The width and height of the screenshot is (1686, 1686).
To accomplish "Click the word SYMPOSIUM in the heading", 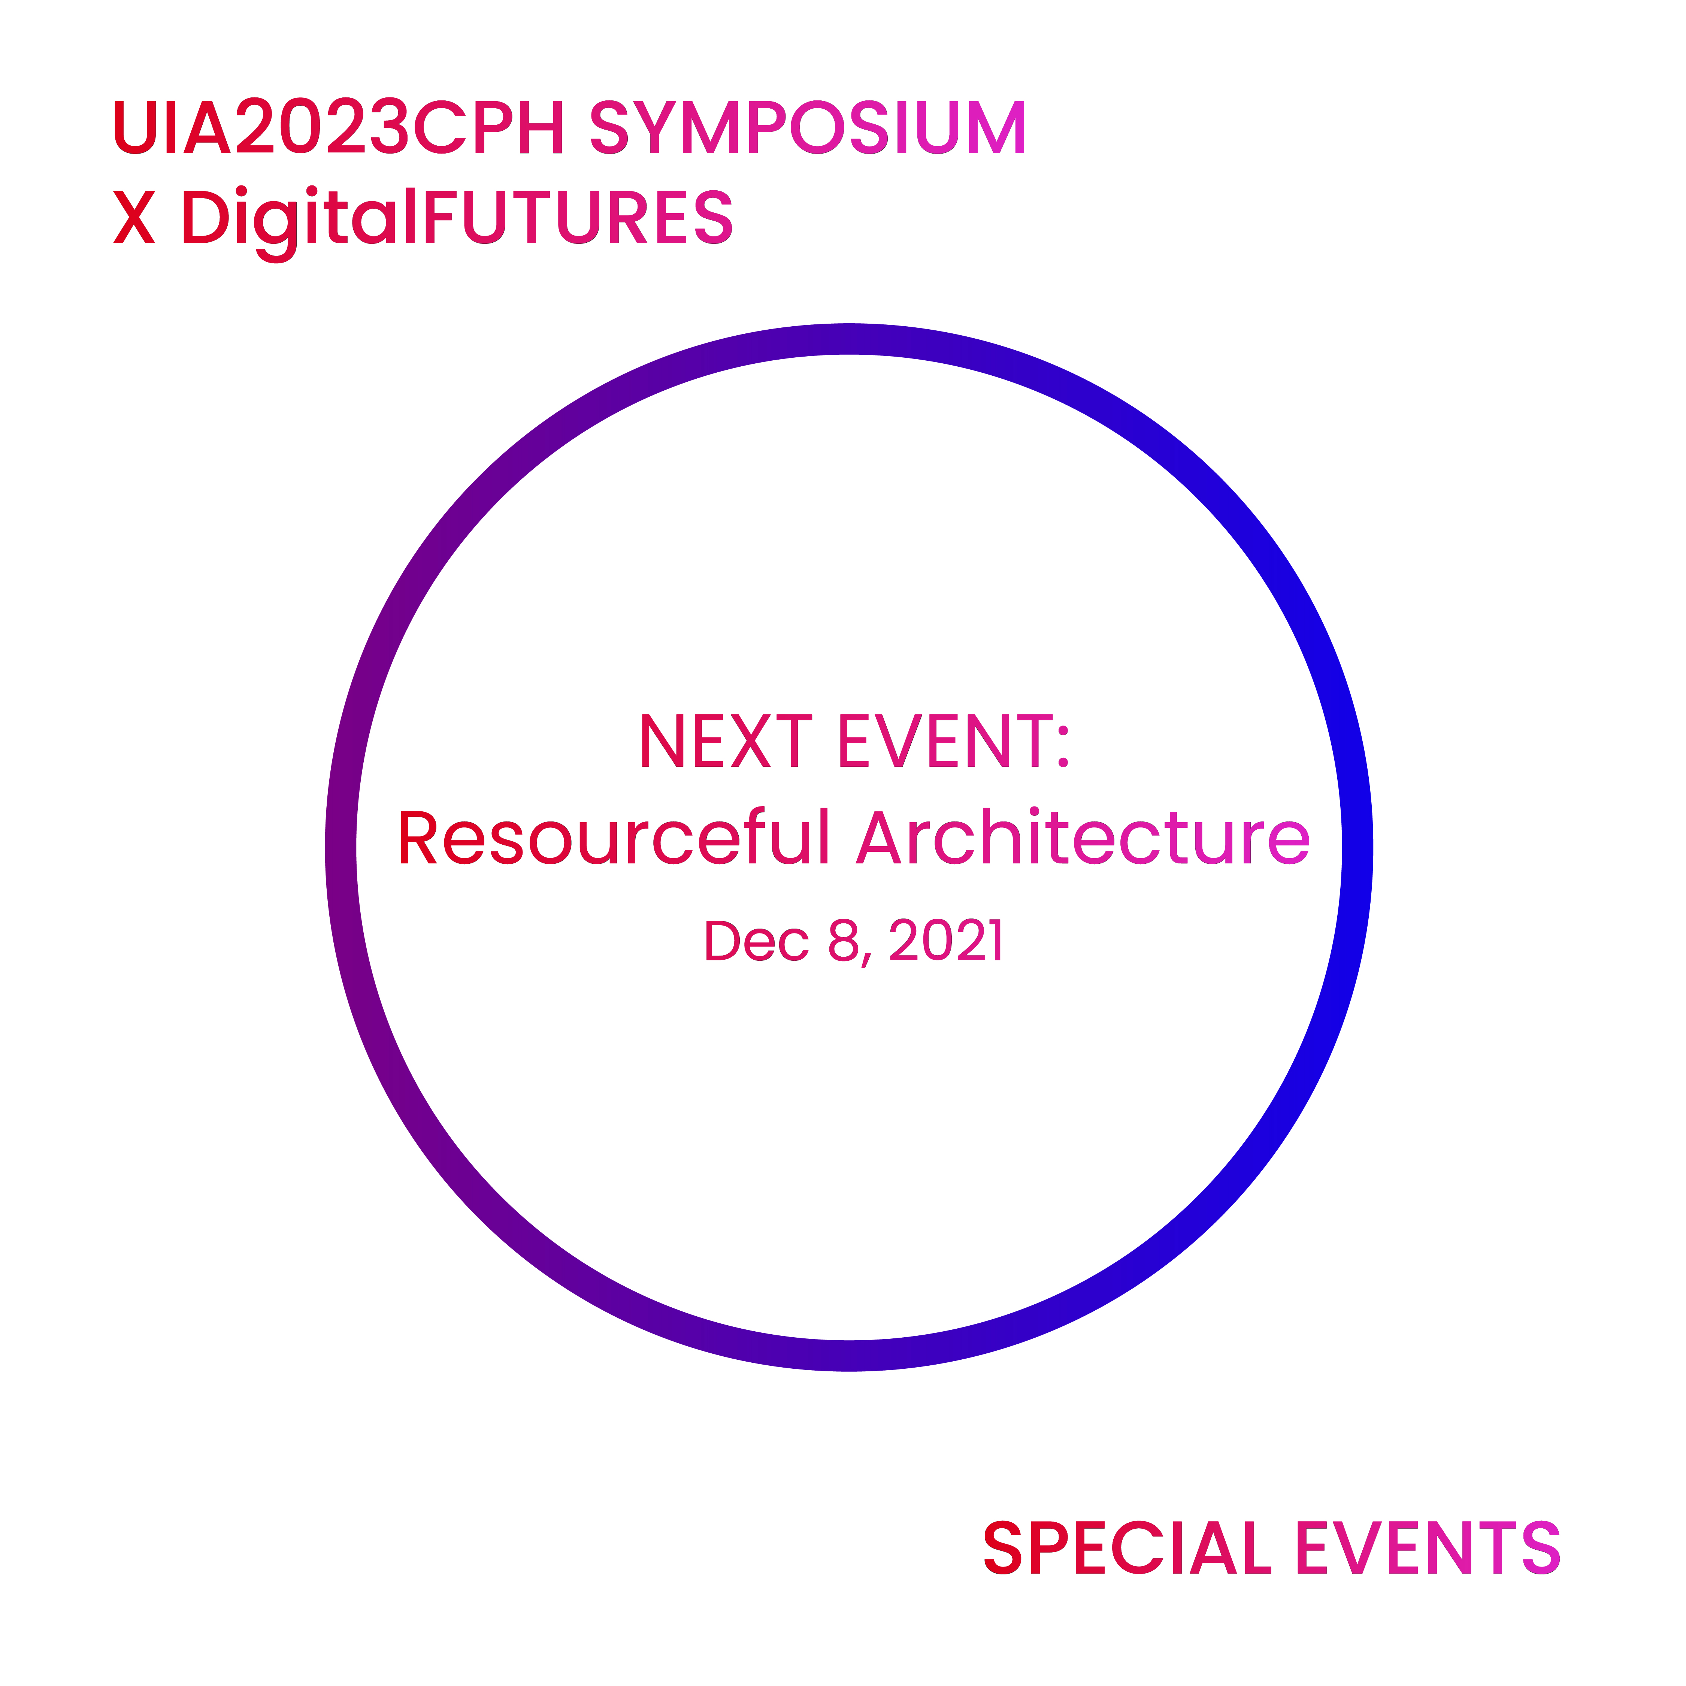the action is click(x=808, y=127).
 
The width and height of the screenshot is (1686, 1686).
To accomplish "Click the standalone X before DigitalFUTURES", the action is click(x=134, y=217).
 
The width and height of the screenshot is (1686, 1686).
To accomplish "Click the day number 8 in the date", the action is click(x=844, y=941).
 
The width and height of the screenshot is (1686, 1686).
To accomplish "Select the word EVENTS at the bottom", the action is click(x=1428, y=1548).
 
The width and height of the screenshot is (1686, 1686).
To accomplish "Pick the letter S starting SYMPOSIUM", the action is click(x=609, y=127).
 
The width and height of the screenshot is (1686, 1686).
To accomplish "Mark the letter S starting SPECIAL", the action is click(x=1003, y=1548).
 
